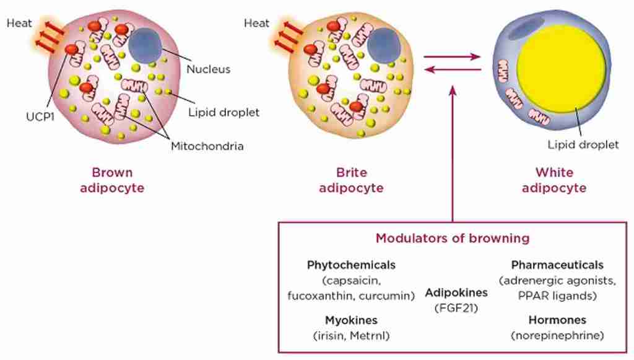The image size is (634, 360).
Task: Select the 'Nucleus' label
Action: coord(208,69)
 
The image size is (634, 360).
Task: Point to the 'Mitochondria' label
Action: coord(207,147)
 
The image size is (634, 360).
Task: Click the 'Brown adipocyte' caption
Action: coord(112,180)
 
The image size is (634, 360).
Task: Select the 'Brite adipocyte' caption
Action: coord(351,180)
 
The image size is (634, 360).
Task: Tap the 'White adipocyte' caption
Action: coord(554,180)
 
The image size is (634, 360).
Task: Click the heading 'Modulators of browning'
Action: coord(453,238)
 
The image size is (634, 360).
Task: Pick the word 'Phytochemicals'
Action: coord(351,265)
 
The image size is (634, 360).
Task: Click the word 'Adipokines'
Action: coord(456,292)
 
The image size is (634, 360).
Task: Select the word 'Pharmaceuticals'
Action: coord(557,265)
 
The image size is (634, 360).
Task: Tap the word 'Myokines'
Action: coord(351,320)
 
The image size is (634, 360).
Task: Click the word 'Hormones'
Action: coord(557,320)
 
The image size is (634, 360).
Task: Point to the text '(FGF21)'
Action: coord(456,307)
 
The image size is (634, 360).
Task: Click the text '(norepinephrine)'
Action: coord(557,336)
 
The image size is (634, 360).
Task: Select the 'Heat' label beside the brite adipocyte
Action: coord(257,24)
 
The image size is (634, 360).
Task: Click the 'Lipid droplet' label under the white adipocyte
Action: coord(583,145)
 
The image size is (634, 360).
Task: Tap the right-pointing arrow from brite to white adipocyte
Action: coord(453,57)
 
